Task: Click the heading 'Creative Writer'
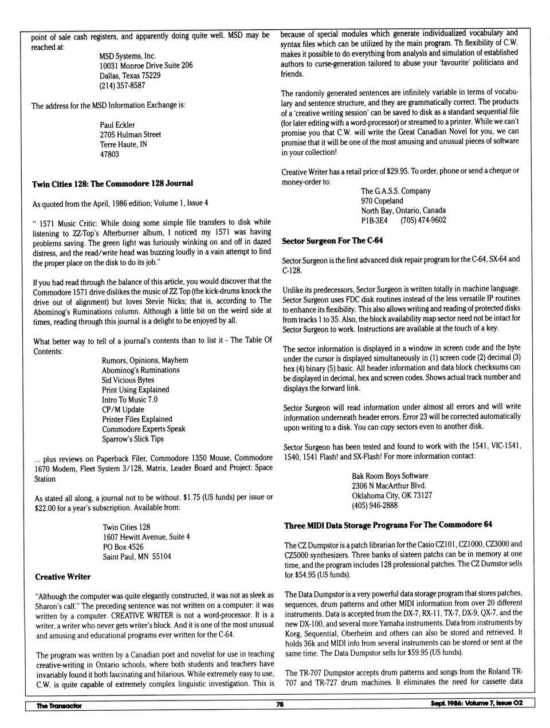[x=63, y=577]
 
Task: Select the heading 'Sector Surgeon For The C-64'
[x=332, y=241]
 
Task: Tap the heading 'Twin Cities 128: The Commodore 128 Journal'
[x=112, y=183]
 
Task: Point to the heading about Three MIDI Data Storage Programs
[x=388, y=525]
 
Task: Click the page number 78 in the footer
[x=280, y=705]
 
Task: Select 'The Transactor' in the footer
[x=59, y=706]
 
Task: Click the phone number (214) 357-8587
[x=122, y=85]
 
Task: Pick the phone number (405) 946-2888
[x=375, y=505]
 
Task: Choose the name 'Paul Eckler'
[x=117, y=125]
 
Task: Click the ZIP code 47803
[x=109, y=154]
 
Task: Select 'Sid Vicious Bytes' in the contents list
[x=128, y=380]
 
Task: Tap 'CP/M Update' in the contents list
[x=123, y=410]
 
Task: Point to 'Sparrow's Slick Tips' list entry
[x=133, y=439]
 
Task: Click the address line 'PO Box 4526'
[x=123, y=546]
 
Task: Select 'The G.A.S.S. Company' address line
[x=396, y=191]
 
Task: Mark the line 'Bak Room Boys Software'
[x=390, y=475]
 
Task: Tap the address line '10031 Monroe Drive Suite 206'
[x=146, y=65]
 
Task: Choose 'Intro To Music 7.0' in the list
[x=129, y=400]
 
